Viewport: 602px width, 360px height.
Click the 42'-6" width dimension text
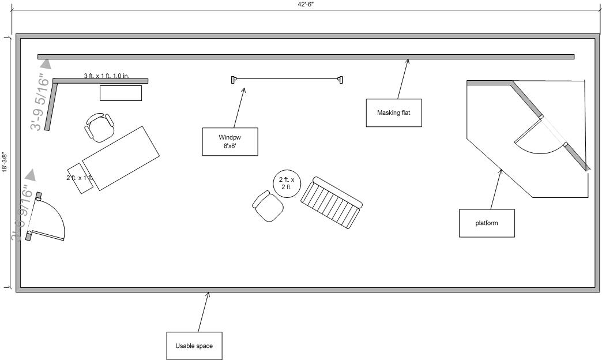pyautogui.click(x=305, y=5)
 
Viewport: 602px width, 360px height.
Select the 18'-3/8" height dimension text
pyautogui.click(x=5, y=162)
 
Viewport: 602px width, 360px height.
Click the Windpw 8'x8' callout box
pyautogui.click(x=229, y=141)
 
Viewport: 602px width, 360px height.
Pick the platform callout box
pyautogui.click(x=487, y=223)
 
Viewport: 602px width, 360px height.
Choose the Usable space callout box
pyautogui.click(x=194, y=346)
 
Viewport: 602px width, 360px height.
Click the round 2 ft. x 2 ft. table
pyautogui.click(x=287, y=183)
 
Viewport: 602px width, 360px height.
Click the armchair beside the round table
pyautogui.click(x=268, y=207)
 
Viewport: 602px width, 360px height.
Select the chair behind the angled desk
pyautogui.click(x=99, y=127)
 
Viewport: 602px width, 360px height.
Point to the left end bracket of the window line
pyautogui.click(x=234, y=79)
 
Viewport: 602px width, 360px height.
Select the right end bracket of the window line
pyautogui.click(x=341, y=79)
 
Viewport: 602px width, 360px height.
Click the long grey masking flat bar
pyautogui.click(x=306, y=57)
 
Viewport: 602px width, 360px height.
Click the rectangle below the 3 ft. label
pyautogui.click(x=121, y=93)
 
